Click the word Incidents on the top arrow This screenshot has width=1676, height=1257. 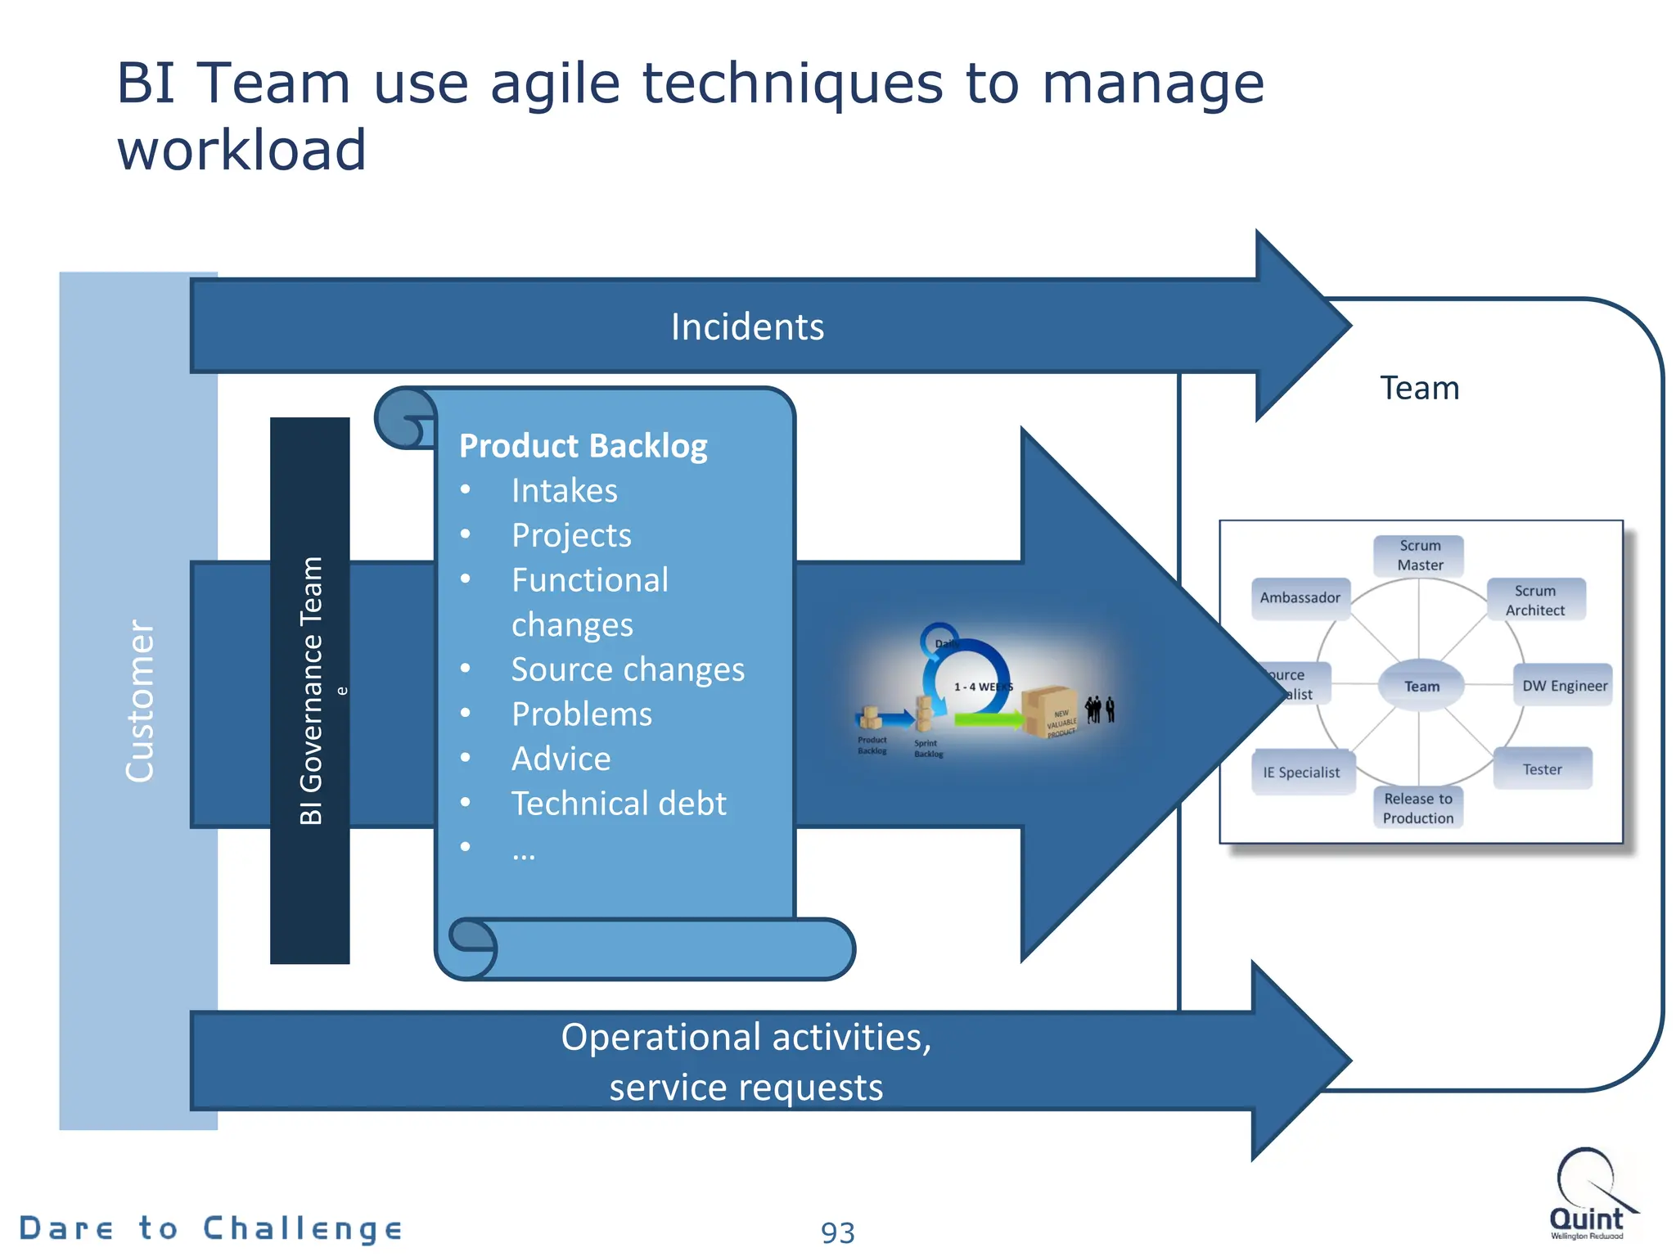point(747,327)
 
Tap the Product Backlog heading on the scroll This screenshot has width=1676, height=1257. point(583,446)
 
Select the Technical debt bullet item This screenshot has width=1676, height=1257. point(618,804)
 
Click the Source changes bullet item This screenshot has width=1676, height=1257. point(627,669)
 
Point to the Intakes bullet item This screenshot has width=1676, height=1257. point(564,491)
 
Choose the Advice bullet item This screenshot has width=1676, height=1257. point(561,759)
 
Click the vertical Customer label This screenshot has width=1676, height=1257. point(139,701)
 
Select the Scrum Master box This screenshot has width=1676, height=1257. point(1419,555)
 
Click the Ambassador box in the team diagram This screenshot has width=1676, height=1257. point(1300,597)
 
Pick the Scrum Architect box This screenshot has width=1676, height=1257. point(1534,600)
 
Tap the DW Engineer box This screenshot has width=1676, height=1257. point(1564,686)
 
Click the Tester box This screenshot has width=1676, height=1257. point(1542,769)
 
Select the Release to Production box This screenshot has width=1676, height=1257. point(1417,808)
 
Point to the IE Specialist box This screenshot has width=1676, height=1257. point(1301,772)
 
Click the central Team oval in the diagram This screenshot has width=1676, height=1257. point(1421,686)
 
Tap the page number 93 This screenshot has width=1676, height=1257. point(837,1232)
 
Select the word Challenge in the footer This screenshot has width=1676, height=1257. point(303,1228)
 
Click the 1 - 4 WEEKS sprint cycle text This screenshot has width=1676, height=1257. point(982,687)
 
